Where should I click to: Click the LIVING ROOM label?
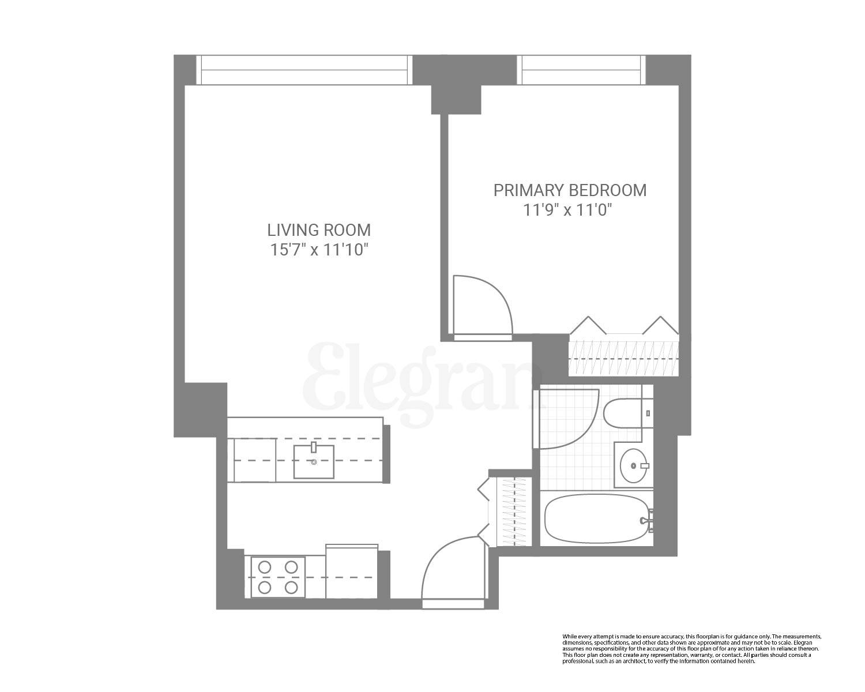[318, 230]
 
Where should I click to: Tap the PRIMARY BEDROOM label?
[570, 190]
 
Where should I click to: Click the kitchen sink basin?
[314, 462]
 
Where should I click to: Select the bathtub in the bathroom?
[596, 519]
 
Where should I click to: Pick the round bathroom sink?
[633, 465]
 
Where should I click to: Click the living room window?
[304, 70]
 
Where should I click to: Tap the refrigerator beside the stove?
[351, 572]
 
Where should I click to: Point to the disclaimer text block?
[691, 649]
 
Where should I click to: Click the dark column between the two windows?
[456, 84]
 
